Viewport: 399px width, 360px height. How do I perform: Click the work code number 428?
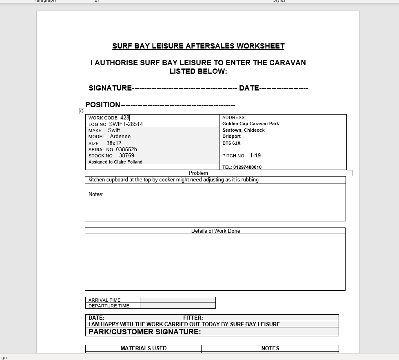pos(125,118)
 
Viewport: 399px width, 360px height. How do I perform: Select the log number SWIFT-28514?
pos(126,124)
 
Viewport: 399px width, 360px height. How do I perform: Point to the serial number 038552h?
pos(126,149)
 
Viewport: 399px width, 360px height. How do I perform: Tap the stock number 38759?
pos(126,155)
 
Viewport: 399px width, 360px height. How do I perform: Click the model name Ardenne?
pos(120,137)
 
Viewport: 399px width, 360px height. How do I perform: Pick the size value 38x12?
pos(114,143)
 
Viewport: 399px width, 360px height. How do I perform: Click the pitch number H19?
pos(256,155)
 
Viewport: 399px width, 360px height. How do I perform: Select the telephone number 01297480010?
pos(248,167)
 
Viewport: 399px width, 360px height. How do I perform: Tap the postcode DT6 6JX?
pos(231,143)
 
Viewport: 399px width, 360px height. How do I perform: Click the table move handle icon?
pos(82,111)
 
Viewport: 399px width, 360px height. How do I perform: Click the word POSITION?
pos(103,105)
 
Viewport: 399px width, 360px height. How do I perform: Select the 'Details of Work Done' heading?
pos(215,231)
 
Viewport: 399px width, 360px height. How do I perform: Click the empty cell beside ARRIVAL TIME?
pos(177,300)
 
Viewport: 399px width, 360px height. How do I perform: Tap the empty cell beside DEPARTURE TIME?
pos(177,306)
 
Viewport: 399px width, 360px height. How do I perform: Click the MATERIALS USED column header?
pos(143,348)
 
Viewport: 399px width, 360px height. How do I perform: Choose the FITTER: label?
pos(193,318)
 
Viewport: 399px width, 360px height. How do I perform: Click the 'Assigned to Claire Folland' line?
pos(115,162)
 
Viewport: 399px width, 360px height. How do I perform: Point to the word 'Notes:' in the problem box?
pos(96,194)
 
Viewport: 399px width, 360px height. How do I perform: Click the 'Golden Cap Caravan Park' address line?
pos(250,124)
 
